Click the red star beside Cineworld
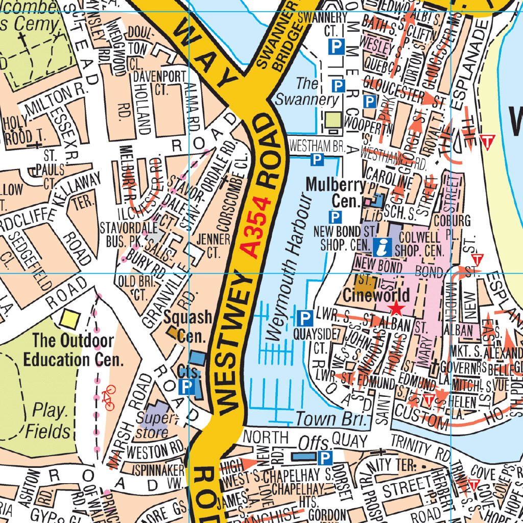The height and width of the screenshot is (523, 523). (396, 308)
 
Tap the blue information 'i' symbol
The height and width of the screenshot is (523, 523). (383, 247)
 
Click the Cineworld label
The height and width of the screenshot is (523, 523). (376, 295)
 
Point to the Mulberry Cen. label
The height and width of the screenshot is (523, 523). (336, 193)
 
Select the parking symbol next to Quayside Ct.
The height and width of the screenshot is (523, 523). (305, 319)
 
